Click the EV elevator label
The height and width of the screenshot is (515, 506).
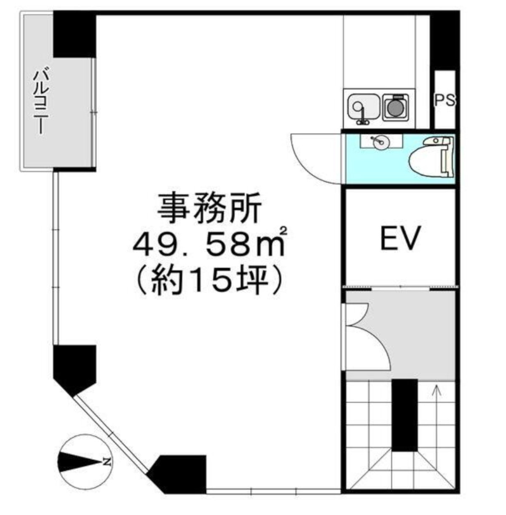tap(400, 238)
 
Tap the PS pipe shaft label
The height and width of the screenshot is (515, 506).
tap(444, 100)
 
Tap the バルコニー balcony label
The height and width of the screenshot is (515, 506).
tap(41, 102)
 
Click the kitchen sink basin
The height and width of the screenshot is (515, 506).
tap(364, 107)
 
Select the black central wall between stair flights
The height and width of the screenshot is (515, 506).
tap(405, 415)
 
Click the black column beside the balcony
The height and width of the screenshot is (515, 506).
tap(75, 35)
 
